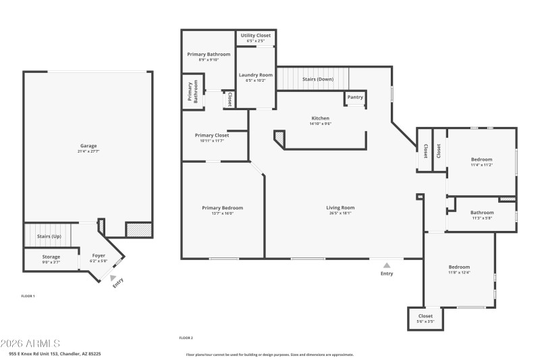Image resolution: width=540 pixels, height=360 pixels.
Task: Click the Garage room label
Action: pyautogui.click(x=88, y=146)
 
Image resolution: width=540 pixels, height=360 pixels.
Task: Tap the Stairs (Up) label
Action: pyautogui.click(x=49, y=236)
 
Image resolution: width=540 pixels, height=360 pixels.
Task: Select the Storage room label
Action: pyautogui.click(x=51, y=257)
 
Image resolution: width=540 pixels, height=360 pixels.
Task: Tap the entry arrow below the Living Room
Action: pyautogui.click(x=387, y=265)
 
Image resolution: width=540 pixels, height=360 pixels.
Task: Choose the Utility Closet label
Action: pyautogui.click(x=256, y=34)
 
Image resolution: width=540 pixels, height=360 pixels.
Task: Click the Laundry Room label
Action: pyautogui.click(x=256, y=74)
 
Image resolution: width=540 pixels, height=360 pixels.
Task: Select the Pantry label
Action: pyautogui.click(x=355, y=97)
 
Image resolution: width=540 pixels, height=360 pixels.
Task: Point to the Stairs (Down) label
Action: pyautogui.click(x=318, y=79)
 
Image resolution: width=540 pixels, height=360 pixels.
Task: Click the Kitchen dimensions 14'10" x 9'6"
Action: pyautogui.click(x=320, y=124)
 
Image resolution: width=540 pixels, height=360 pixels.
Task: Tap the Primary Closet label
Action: pyautogui.click(x=212, y=135)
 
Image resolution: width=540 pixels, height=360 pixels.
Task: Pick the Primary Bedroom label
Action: pyautogui.click(x=222, y=208)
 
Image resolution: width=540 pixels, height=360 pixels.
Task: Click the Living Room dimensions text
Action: pyautogui.click(x=340, y=213)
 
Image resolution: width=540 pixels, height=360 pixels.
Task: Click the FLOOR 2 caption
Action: pyautogui.click(x=186, y=338)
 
